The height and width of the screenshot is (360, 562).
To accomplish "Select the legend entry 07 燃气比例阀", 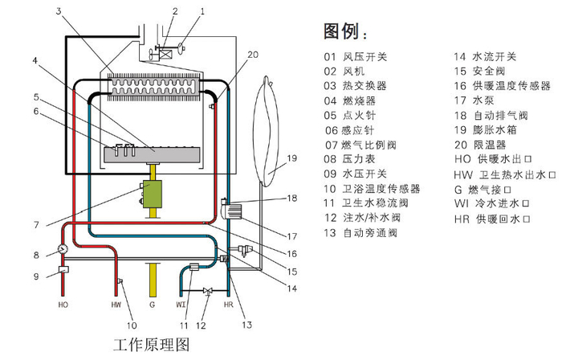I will (x=360, y=145).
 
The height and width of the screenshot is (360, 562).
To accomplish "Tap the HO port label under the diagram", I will (x=63, y=305).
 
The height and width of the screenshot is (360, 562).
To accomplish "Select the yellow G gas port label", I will (x=151, y=305).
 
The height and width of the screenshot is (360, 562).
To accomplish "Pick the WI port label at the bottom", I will (x=182, y=305).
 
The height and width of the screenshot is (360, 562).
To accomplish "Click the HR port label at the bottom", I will (x=229, y=305).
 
